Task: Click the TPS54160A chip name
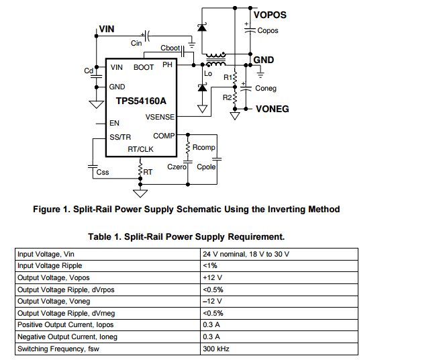141,102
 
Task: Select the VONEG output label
273,108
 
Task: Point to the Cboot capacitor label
170,48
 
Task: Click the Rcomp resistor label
203,148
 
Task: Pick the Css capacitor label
103,173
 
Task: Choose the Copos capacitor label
268,30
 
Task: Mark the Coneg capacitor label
266,88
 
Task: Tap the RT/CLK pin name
141,149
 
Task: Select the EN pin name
114,124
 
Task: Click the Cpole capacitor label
207,167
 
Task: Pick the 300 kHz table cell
216,349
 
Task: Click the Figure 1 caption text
187,209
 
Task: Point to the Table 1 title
187,236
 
